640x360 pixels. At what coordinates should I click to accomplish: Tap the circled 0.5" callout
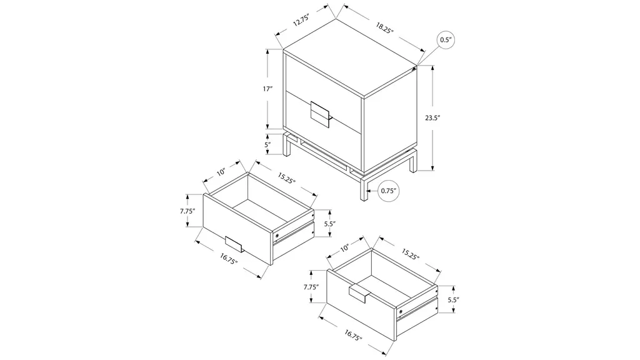click(x=446, y=40)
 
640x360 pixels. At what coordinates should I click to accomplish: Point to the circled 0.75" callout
click(x=389, y=191)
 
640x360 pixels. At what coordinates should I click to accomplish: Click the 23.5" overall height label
click(x=432, y=118)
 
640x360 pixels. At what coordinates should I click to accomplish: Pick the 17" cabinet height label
click(x=267, y=89)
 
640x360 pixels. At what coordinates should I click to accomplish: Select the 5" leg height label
click(x=267, y=144)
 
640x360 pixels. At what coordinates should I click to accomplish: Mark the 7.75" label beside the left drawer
click(x=187, y=211)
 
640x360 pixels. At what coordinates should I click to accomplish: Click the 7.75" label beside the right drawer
click(x=311, y=287)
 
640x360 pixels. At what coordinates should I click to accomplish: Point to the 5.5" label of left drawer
click(x=330, y=224)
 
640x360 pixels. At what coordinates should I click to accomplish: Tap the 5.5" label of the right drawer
click(x=454, y=299)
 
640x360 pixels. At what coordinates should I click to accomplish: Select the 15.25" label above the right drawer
click(x=410, y=254)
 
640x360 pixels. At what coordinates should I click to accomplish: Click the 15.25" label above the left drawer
click(x=286, y=178)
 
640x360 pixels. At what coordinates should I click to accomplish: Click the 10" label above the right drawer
click(x=345, y=247)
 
